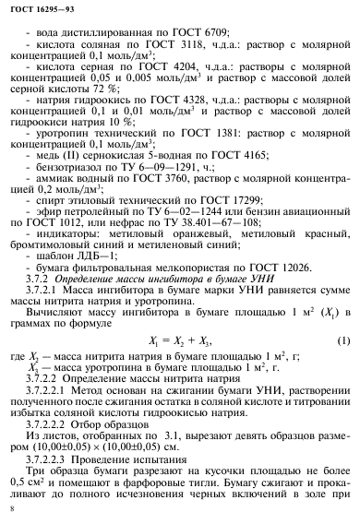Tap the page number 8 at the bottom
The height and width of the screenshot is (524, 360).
(10, 507)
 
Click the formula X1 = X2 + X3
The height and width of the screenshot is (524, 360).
(188, 342)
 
